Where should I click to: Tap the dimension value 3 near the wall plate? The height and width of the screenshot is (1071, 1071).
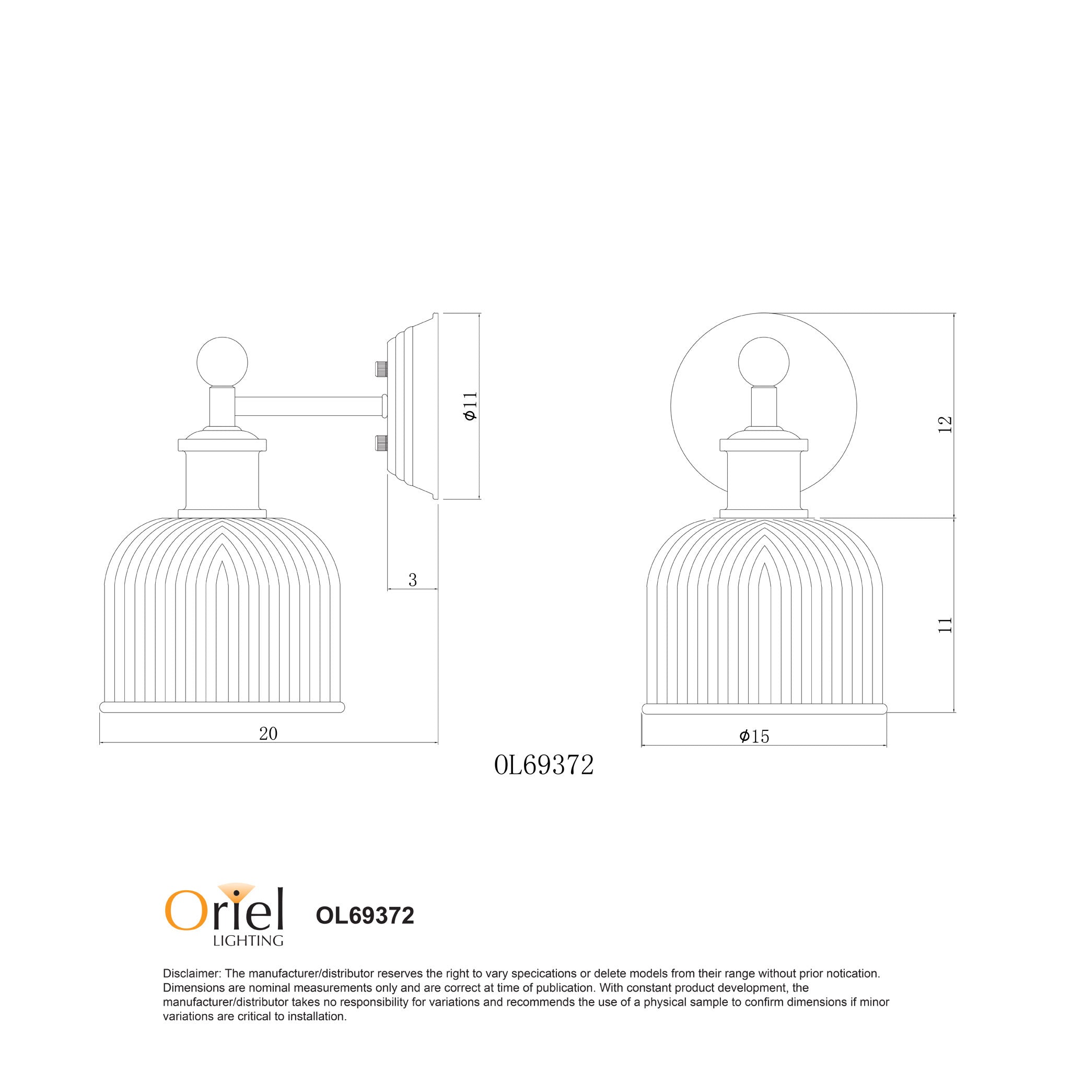[412, 580]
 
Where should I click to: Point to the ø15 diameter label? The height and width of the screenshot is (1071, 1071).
[754, 736]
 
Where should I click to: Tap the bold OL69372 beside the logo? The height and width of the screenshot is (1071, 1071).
[365, 916]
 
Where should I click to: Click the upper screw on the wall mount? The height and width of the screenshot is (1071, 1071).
[381, 369]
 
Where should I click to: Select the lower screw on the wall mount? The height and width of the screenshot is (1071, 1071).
[381, 443]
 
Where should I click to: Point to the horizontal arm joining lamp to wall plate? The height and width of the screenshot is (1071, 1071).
[308, 406]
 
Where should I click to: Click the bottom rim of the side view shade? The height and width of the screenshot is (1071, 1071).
[222, 707]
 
